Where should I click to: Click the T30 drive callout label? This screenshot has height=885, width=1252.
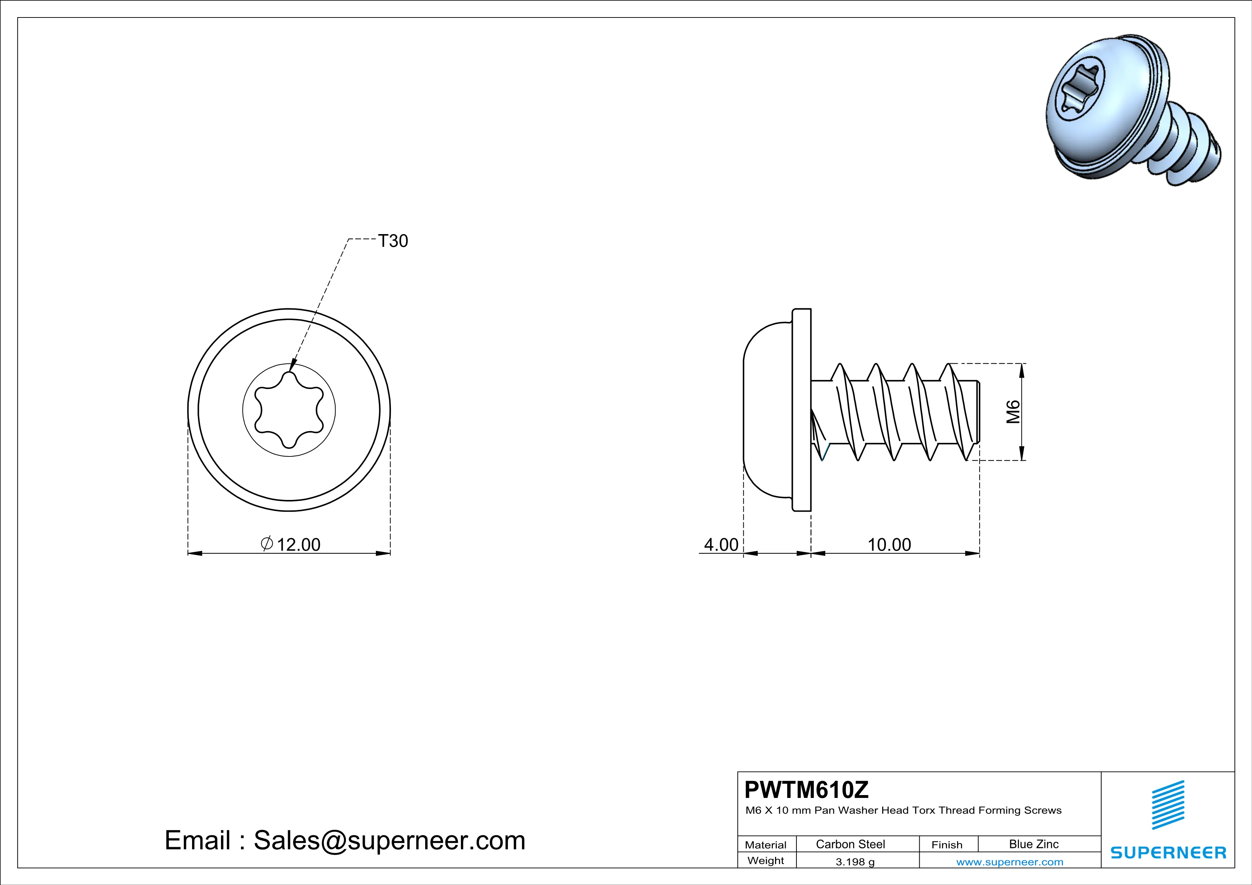click(393, 241)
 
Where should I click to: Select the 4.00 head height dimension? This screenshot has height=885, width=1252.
click(721, 545)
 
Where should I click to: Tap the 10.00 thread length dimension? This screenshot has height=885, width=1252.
click(889, 545)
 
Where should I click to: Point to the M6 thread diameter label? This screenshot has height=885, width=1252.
click(1012, 411)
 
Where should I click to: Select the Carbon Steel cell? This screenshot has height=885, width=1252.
click(850, 844)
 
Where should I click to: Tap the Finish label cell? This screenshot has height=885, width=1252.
click(947, 845)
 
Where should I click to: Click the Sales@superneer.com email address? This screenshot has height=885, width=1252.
click(389, 840)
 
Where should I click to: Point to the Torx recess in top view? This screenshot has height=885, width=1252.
click(289, 410)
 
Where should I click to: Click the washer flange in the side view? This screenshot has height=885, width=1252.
click(801, 410)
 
